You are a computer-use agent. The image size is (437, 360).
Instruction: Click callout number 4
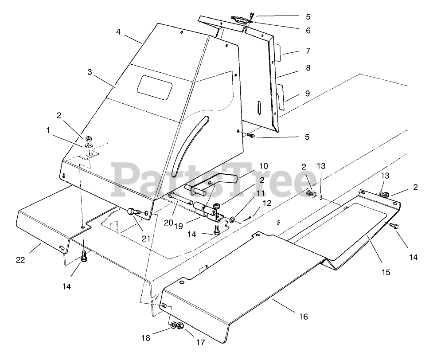tap(118, 32)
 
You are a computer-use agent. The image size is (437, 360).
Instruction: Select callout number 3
tap(90, 72)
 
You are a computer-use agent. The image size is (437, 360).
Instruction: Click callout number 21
tap(146, 239)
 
